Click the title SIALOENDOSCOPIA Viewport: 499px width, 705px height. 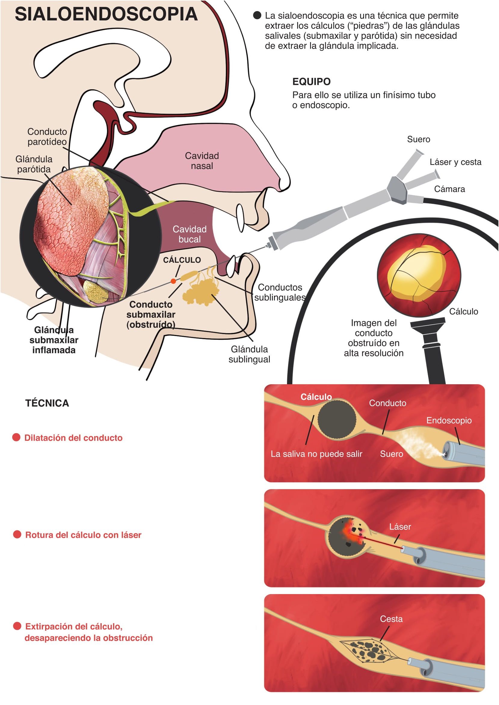click(106, 14)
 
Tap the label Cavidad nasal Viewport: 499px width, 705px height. click(202, 161)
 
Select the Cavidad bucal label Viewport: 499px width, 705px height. click(189, 234)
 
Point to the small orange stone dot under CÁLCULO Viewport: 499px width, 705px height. click(173, 281)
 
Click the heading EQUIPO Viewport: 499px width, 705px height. click(311, 82)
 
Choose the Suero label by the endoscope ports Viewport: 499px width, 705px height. click(418, 139)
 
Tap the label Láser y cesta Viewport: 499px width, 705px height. click(455, 162)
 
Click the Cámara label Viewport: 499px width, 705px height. click(449, 189)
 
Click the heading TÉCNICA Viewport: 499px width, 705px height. click(47, 403)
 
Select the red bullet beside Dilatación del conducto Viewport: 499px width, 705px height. click(16, 437)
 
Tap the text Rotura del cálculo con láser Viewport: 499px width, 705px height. click(83, 535)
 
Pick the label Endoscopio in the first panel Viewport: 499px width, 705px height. click(448, 420)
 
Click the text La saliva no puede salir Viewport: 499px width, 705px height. click(316, 454)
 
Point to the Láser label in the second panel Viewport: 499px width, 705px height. click(400, 527)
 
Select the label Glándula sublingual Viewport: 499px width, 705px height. click(249, 354)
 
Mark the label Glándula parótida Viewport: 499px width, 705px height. click(34, 164)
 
